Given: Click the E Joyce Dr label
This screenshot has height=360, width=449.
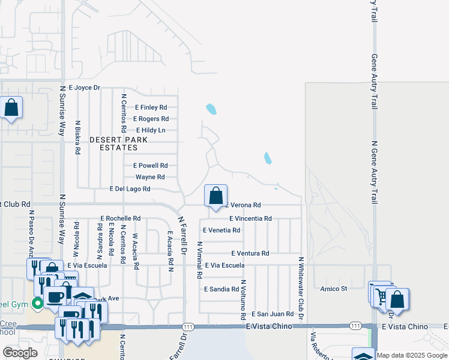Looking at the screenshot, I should (x=84, y=88).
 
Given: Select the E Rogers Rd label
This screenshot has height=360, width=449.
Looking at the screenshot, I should (x=151, y=119).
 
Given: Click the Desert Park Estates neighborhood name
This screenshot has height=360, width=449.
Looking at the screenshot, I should (x=118, y=143).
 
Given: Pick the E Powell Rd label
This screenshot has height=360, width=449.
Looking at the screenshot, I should (x=150, y=166).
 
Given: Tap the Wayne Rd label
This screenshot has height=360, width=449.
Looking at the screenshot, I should (x=150, y=177).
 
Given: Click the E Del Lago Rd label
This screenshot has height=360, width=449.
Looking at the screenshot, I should (x=130, y=189).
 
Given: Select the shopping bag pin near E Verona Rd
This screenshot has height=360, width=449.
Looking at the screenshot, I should (x=216, y=196).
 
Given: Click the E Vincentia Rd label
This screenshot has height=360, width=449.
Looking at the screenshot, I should (x=250, y=218).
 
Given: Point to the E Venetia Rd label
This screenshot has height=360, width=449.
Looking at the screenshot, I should (x=221, y=230).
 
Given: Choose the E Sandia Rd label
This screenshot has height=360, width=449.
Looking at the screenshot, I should (x=222, y=289).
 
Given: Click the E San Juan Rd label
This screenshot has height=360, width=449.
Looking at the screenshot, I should (x=273, y=314).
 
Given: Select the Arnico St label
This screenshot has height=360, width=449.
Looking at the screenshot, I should (x=334, y=289).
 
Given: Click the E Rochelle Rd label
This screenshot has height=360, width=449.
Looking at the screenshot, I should (x=121, y=218).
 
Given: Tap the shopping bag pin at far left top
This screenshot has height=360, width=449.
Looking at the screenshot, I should (x=11, y=108).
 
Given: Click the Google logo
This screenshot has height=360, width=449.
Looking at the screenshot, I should (x=20, y=352).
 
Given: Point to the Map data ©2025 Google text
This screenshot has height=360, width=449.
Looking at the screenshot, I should (x=412, y=355).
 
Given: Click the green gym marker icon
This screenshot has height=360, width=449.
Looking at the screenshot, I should (x=37, y=304).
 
